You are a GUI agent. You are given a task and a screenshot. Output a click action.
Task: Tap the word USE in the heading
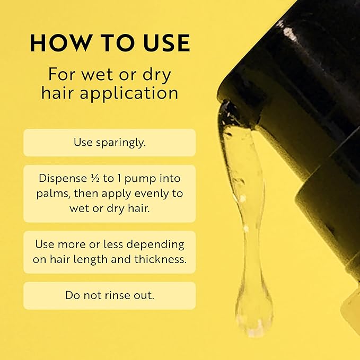point(167,43)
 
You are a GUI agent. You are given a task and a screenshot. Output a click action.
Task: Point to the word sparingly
point(121,143)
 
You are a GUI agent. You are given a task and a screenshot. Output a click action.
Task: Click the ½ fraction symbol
point(94,179)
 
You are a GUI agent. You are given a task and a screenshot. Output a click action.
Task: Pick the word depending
point(155,245)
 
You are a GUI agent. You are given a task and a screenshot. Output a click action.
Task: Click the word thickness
point(161,259)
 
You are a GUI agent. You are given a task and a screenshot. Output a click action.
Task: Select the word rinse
point(116,295)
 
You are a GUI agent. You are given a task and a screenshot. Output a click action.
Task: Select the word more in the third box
point(72,245)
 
